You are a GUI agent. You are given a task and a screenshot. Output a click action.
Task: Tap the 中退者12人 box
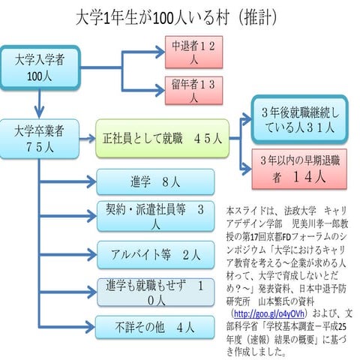pos(193,52)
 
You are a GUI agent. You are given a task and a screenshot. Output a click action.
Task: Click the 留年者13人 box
pos(193,89)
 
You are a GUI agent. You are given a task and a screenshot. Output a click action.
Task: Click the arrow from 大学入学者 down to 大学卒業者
pos(34,102)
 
